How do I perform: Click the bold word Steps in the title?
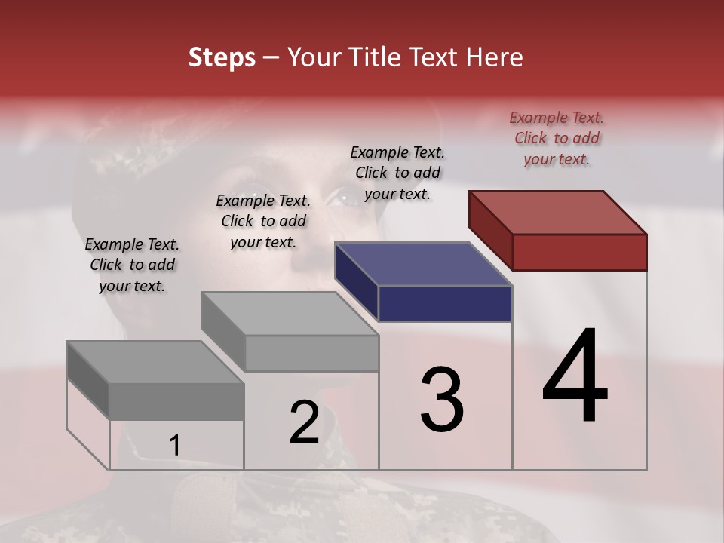tap(222, 57)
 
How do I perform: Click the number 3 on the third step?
tap(441, 400)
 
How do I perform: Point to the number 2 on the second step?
tap(304, 422)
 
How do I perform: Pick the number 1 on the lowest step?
tap(174, 446)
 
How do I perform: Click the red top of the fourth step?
tap(558, 212)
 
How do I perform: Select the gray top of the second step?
tap(290, 314)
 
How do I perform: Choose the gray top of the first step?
tap(155, 363)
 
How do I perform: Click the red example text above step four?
tap(557, 138)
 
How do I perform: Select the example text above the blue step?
tap(397, 173)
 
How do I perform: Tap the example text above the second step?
tap(263, 221)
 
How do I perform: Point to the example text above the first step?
tap(132, 265)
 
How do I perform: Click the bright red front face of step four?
tap(579, 252)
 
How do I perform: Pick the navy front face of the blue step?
tap(445, 304)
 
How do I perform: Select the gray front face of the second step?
tap(311, 353)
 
